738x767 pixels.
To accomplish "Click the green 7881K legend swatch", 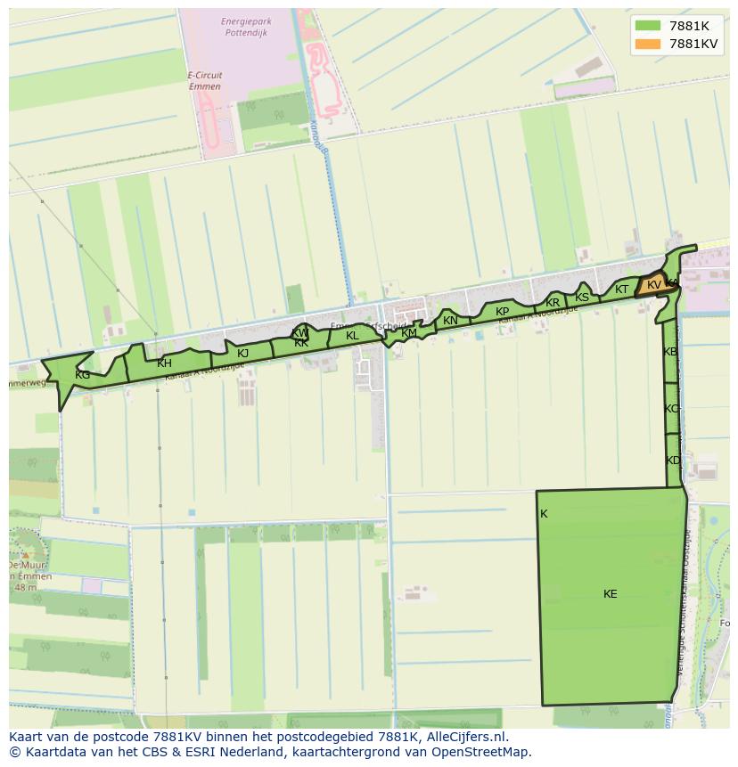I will pyautogui.click(x=648, y=26).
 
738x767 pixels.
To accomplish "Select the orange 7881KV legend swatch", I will pyautogui.click(x=648, y=44).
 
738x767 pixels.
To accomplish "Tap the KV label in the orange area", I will pyautogui.click(x=654, y=285).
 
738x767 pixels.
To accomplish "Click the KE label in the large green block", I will pyautogui.click(x=610, y=594).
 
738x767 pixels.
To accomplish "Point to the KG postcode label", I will pyautogui.click(x=82, y=375).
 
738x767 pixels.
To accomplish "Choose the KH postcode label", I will pyautogui.click(x=164, y=363).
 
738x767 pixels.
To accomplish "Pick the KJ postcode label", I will pyautogui.click(x=242, y=353).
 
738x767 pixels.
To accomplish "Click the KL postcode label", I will pyautogui.click(x=352, y=336).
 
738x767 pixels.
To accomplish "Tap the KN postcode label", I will pyautogui.click(x=450, y=321).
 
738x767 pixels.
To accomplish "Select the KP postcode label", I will pyautogui.click(x=502, y=312).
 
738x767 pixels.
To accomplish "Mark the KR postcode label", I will pyautogui.click(x=553, y=303).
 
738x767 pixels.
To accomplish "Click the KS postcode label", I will pyautogui.click(x=582, y=298).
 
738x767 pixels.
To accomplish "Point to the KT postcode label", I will pyautogui.click(x=621, y=290).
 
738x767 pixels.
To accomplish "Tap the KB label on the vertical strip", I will pyautogui.click(x=670, y=352).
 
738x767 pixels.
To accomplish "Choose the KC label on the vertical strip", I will pyautogui.click(x=671, y=409).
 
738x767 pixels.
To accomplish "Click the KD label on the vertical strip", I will pyautogui.click(x=673, y=461).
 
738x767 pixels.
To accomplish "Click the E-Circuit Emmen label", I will pyautogui.click(x=205, y=81).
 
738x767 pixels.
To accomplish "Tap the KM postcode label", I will pyautogui.click(x=409, y=333).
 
